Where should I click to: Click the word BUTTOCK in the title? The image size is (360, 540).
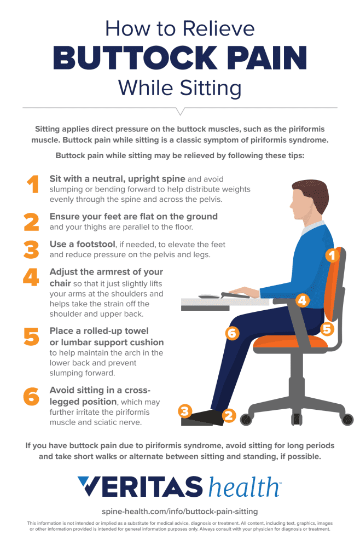[x=135, y=57]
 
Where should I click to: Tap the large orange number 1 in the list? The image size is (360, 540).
[x=33, y=184]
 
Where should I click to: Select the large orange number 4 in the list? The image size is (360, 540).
[x=31, y=277]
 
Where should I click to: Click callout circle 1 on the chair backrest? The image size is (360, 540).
[x=332, y=255]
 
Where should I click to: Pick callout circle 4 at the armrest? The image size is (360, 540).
[x=302, y=300]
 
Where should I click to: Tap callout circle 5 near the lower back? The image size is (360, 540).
[x=327, y=329]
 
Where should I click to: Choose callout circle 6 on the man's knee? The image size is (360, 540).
[x=232, y=333]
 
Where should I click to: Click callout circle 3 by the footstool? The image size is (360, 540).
[x=185, y=411]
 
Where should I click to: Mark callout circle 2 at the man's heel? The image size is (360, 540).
[x=229, y=415]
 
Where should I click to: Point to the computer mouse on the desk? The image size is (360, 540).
[x=209, y=296]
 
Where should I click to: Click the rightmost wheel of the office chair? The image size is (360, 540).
[x=347, y=419]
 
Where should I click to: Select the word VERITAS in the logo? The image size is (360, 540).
[x=140, y=486]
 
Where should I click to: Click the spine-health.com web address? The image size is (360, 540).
[x=180, y=512]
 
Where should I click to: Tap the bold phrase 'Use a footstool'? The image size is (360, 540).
[x=82, y=244]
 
